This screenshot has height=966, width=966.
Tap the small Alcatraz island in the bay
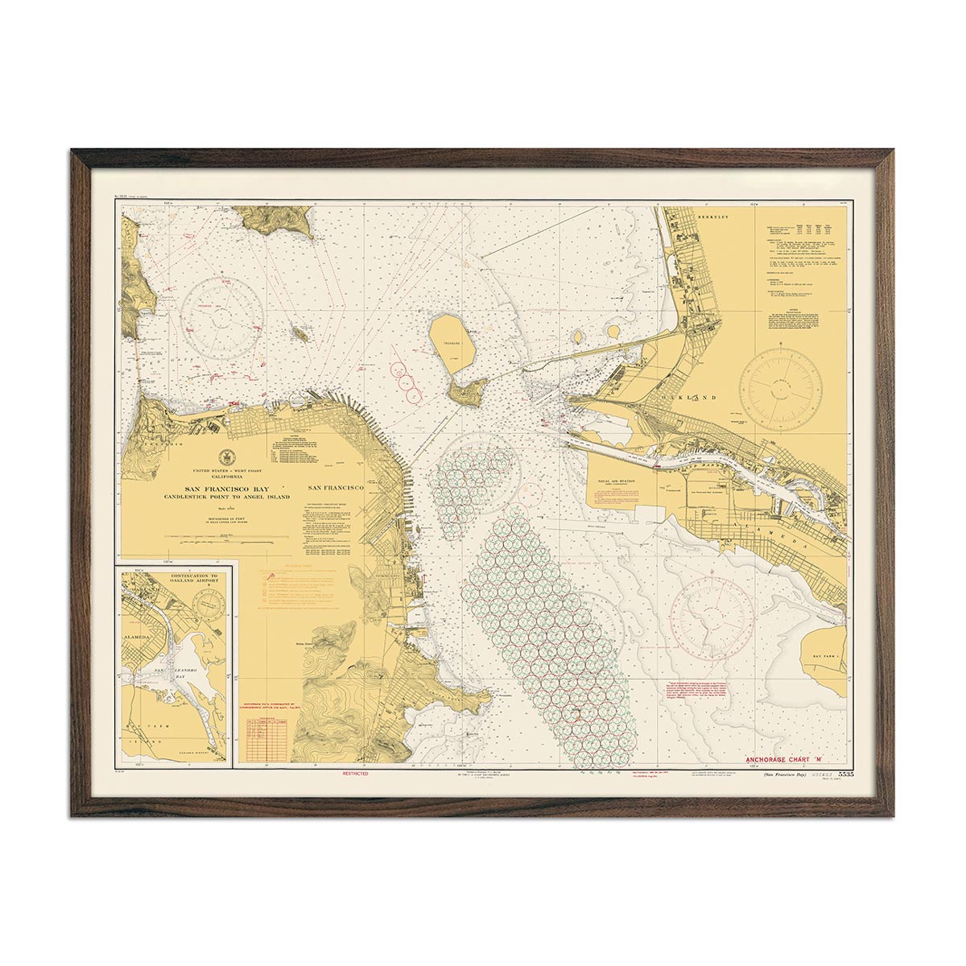coord(300,332)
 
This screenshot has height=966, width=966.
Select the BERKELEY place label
coord(712,217)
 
